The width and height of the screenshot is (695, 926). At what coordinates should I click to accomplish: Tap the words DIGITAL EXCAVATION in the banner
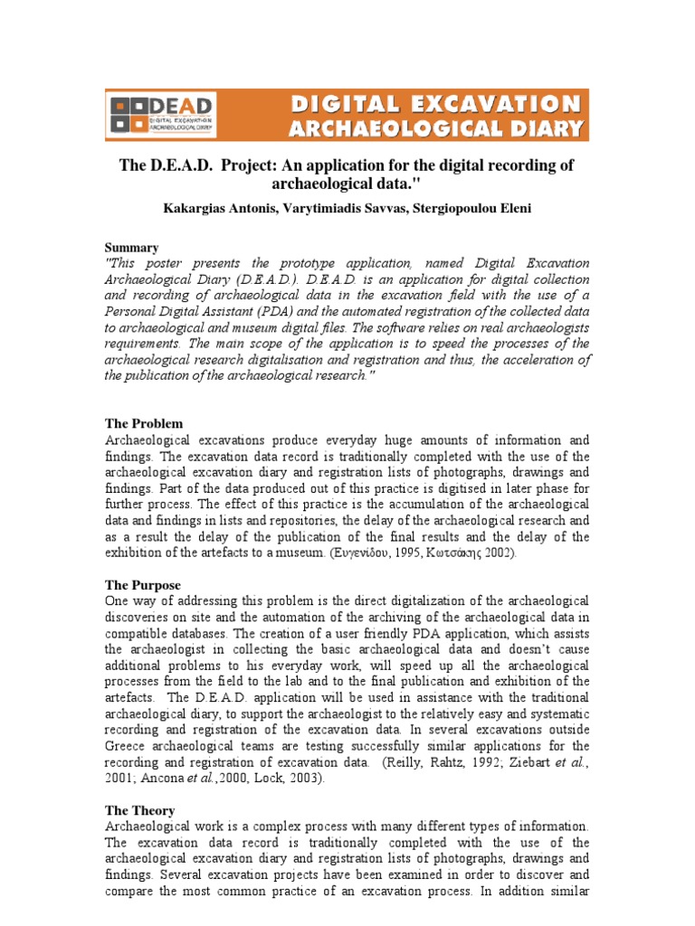pyautogui.click(x=435, y=104)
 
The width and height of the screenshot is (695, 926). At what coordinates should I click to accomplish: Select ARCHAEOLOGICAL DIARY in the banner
pyautogui.click(x=435, y=128)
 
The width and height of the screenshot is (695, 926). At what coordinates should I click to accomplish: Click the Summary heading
pyautogui.click(x=132, y=248)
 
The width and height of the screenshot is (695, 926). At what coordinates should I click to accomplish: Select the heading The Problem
pyautogui.click(x=144, y=423)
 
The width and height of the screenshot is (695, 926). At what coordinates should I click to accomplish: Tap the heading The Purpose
pyautogui.click(x=143, y=585)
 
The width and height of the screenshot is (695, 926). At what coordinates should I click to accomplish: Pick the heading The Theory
pyautogui.click(x=140, y=810)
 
